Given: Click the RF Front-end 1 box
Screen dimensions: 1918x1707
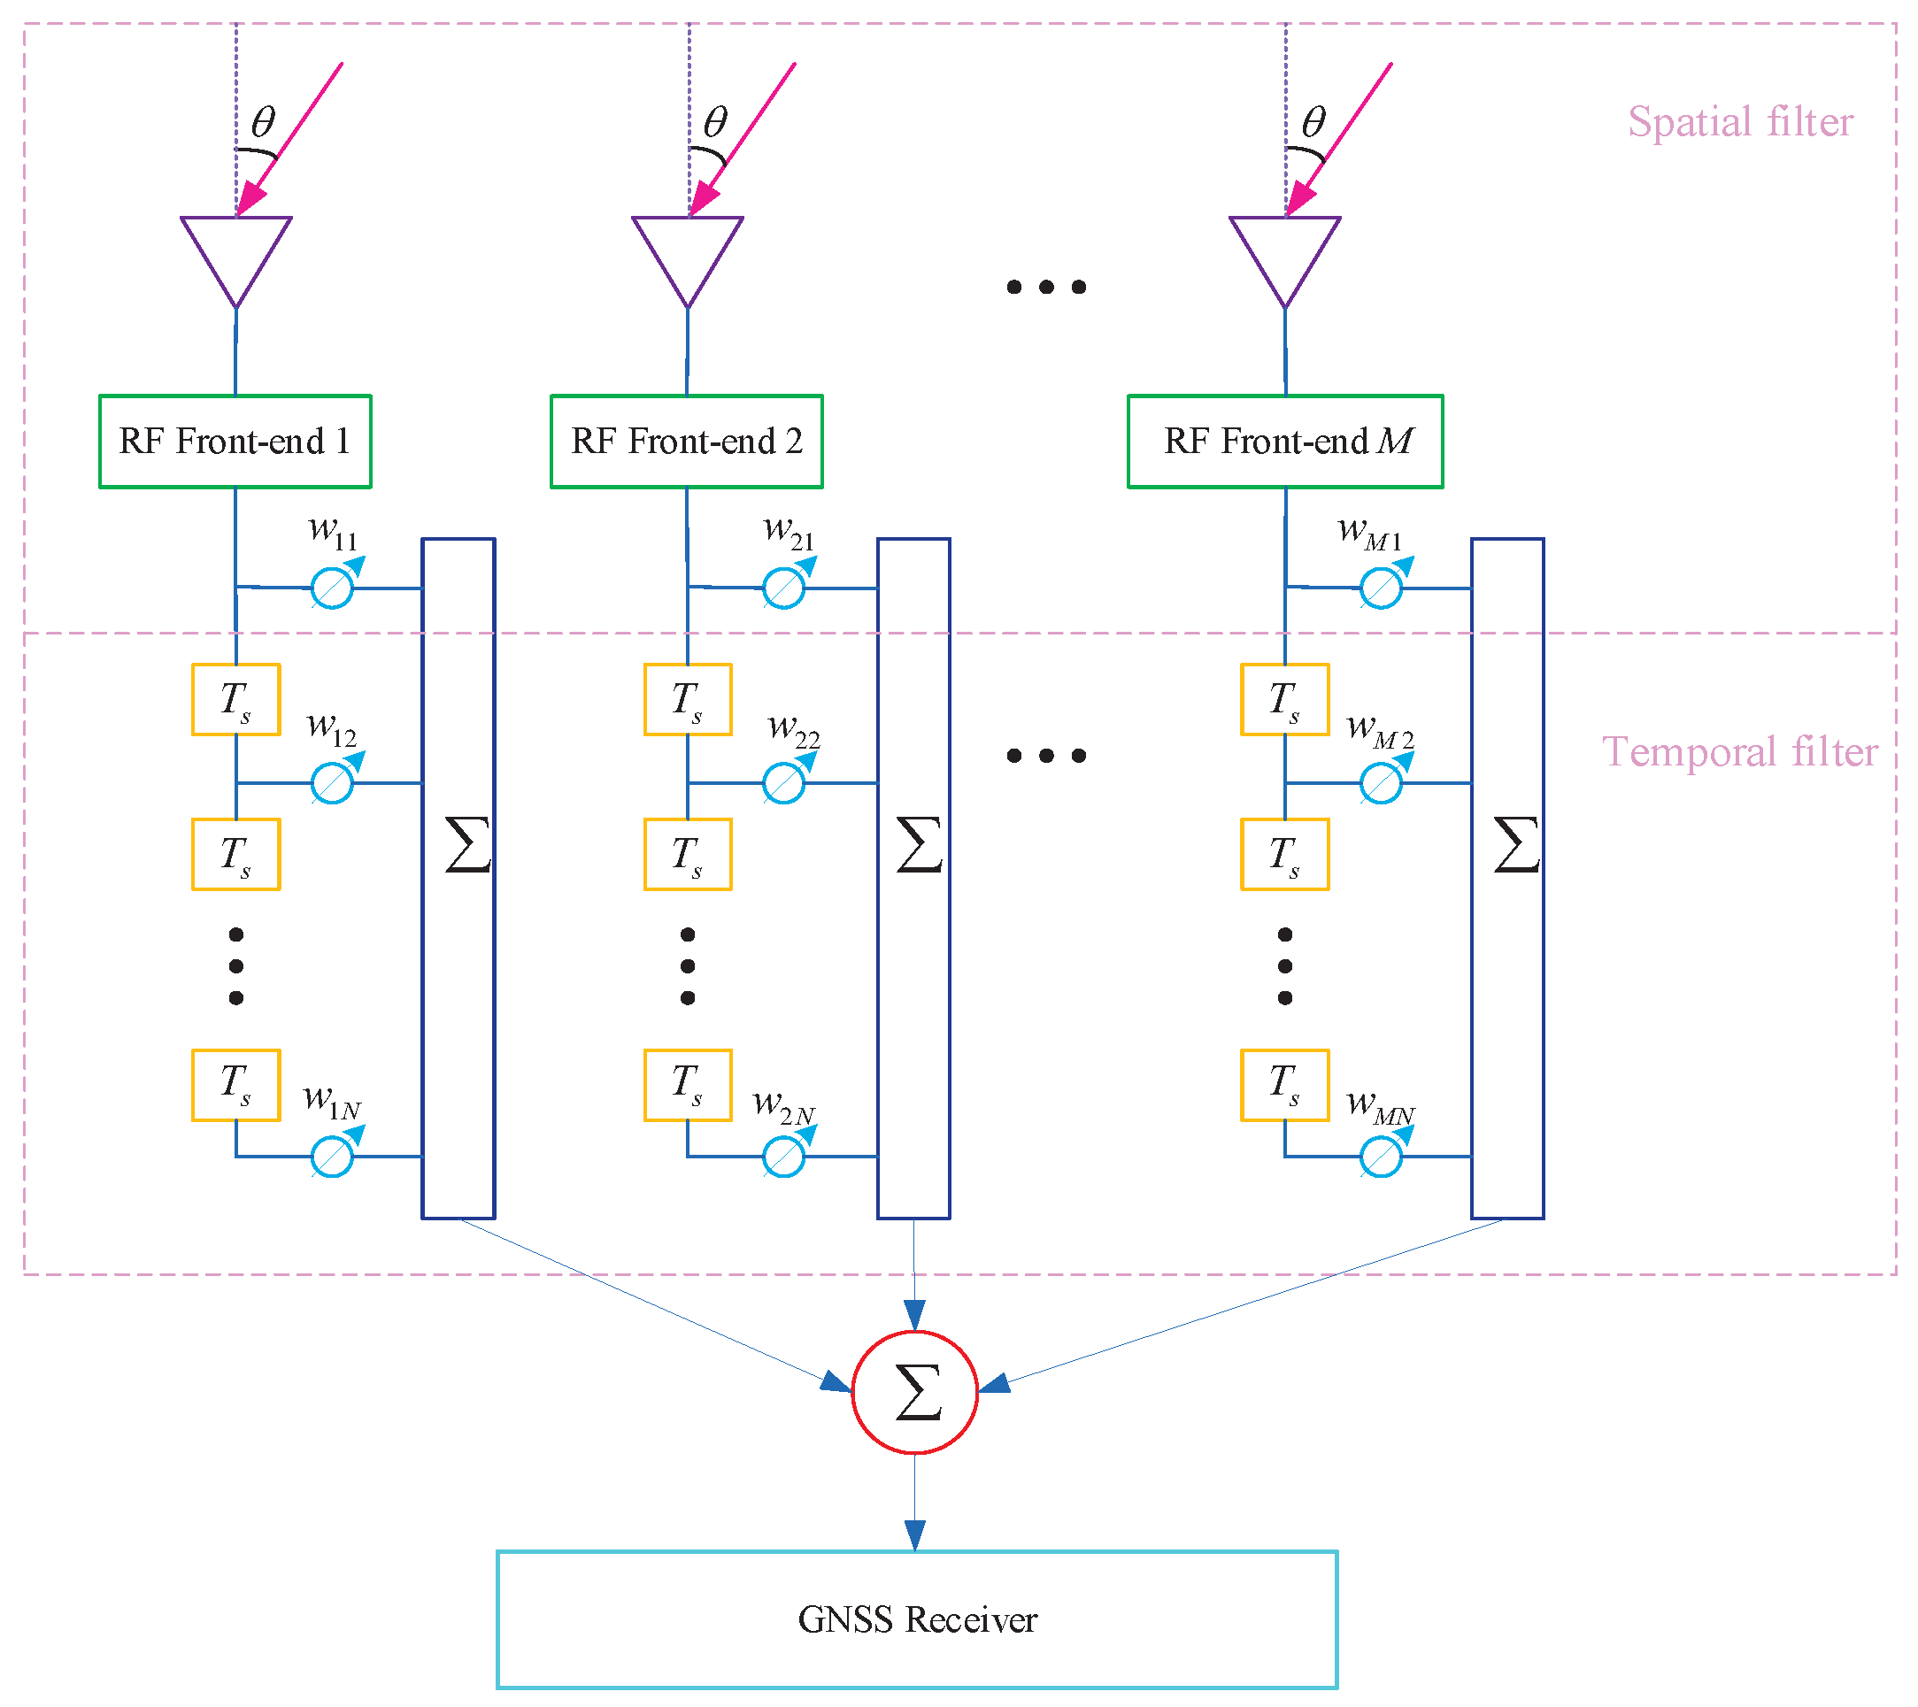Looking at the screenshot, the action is pyautogui.click(x=235, y=442).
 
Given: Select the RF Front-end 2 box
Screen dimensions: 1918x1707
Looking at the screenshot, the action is pyautogui.click(x=687, y=442).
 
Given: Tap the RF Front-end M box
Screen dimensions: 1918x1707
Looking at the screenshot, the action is pyautogui.click(x=1285, y=442).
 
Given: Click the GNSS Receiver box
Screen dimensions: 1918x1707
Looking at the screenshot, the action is pyautogui.click(x=917, y=1619).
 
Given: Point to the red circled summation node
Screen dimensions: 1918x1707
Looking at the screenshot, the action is pyautogui.click(x=915, y=1392).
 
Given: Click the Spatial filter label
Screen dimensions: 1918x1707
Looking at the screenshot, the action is pyautogui.click(x=1741, y=122).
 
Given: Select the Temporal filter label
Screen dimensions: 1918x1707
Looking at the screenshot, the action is pyautogui.click(x=1740, y=752).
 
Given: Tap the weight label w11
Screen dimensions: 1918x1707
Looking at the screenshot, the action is pyautogui.click(x=333, y=533).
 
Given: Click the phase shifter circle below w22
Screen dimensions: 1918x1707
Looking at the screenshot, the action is pyautogui.click(x=783, y=784).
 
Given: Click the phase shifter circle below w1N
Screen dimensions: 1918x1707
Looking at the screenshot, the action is pyautogui.click(x=332, y=1157).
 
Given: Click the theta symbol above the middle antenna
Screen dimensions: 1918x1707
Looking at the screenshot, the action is pyautogui.click(x=715, y=122).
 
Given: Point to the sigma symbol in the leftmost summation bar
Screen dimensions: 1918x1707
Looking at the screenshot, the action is pyautogui.click(x=467, y=845).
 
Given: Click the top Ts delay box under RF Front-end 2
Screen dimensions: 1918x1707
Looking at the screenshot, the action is pyautogui.click(x=688, y=700).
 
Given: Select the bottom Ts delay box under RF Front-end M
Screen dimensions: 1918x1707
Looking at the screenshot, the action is pyautogui.click(x=1285, y=1085).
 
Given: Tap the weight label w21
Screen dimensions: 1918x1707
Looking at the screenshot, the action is pyautogui.click(x=790, y=533).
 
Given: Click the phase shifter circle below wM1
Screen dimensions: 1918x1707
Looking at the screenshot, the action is pyautogui.click(x=1382, y=589).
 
